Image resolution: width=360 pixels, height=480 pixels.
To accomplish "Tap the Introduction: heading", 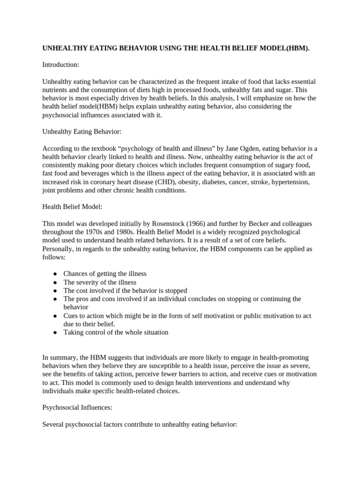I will (x=60, y=64).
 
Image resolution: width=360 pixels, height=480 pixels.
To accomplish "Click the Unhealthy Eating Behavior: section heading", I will (x=82, y=132).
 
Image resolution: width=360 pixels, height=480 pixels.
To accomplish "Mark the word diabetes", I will (x=222, y=182).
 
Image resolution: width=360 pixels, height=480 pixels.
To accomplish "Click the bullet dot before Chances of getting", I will (x=55, y=274).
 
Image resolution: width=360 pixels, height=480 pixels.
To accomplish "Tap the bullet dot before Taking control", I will (x=55, y=333).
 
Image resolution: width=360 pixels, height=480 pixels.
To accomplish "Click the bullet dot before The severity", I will (x=55, y=282).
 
